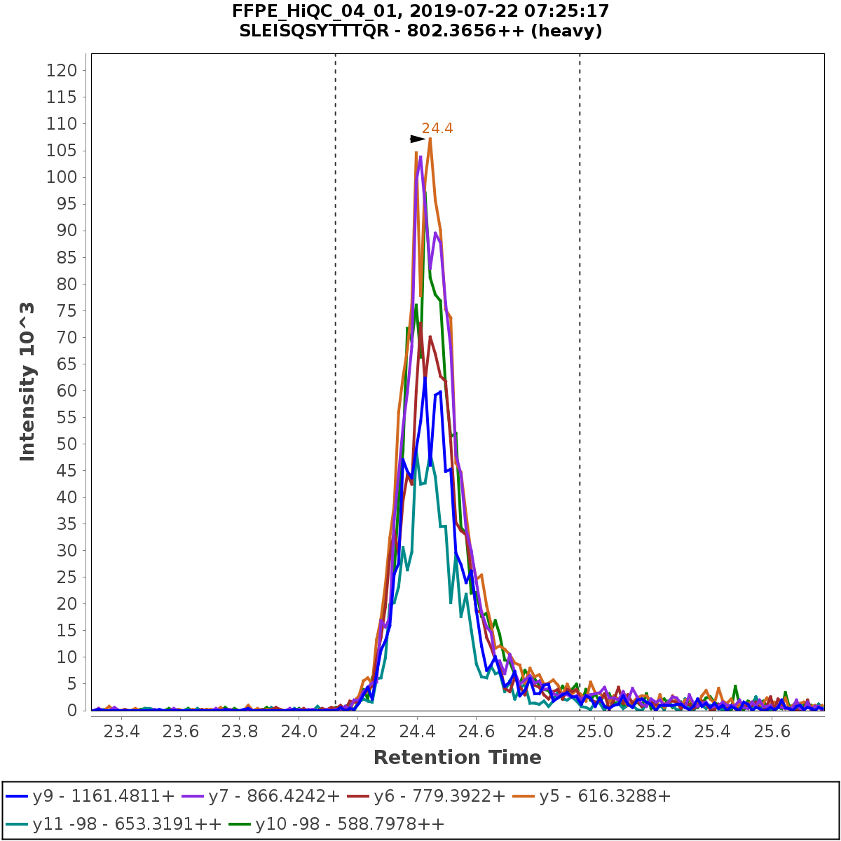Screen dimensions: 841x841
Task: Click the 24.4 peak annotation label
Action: [437, 128]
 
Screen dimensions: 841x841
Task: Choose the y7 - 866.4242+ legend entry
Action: [261, 796]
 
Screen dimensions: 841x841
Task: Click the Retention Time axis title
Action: [457, 758]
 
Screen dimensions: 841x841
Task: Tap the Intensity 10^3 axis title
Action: [27, 381]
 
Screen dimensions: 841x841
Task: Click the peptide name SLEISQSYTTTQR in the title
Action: [315, 32]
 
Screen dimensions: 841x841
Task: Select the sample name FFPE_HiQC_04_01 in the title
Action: [299, 11]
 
